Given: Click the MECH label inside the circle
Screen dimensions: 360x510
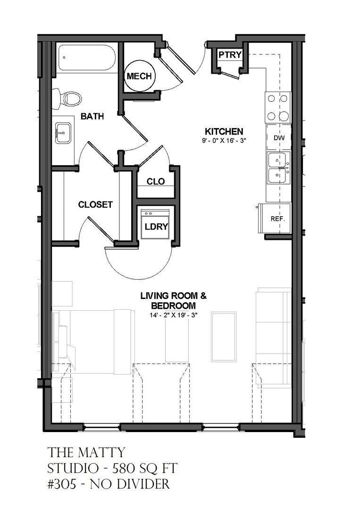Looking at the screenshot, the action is tap(139, 76).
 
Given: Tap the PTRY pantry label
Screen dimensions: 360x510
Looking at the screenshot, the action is tap(230, 55).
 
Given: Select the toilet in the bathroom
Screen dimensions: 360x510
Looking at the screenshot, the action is tap(67, 97).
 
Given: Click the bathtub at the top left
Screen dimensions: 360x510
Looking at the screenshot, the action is tap(87, 58).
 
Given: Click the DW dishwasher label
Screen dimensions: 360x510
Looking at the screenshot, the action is tap(279, 137).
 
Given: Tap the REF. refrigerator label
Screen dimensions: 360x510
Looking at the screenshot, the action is tap(277, 219).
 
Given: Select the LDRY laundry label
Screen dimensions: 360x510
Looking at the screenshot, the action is tap(156, 227).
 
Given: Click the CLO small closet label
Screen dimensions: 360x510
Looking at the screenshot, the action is tap(156, 181).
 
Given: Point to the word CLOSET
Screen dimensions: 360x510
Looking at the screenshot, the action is tap(95, 204).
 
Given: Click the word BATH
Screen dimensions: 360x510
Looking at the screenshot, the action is tap(92, 116).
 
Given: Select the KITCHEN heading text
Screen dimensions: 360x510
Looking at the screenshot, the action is tap(224, 131).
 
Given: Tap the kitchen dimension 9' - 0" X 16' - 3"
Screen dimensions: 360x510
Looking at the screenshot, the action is tap(224, 141).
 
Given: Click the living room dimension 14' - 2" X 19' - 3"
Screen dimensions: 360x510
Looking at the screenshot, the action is tap(174, 315).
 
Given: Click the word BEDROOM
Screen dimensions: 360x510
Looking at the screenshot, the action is tap(174, 306).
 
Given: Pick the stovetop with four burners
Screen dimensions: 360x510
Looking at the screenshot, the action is tap(278, 107).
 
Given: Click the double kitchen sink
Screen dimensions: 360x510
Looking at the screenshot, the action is tap(279, 168).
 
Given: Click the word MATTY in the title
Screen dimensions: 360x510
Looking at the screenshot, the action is tap(101, 452).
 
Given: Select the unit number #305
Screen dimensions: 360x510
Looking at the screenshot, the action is tap(62, 484).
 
